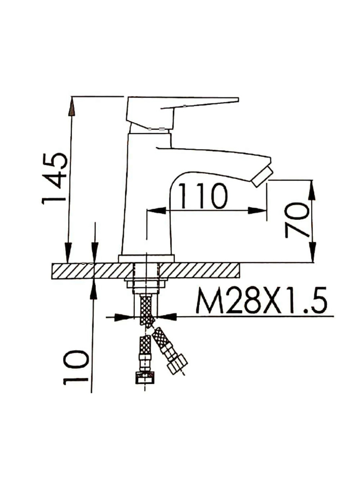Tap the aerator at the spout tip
tap(262, 177)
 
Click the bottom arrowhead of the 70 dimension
tap(312, 252)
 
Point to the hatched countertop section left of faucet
tap(90, 270)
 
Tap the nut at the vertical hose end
tap(144, 379)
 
